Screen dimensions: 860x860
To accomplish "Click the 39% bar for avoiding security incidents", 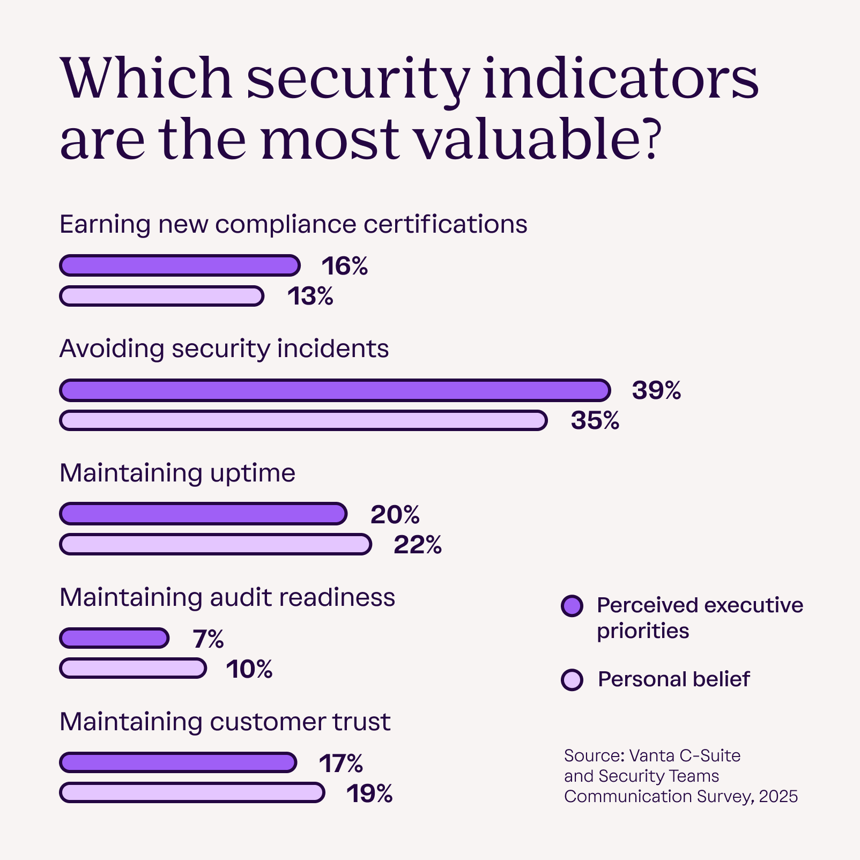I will [x=335, y=390].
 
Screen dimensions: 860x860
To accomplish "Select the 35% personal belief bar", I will [x=303, y=420].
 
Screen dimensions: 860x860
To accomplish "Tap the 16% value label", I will [x=345, y=266].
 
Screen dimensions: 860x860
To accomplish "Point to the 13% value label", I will [x=310, y=296].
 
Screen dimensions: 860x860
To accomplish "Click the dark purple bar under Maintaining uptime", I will [x=203, y=514].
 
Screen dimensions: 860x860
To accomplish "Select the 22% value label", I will [x=418, y=545].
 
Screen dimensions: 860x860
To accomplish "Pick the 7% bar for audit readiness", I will [x=114, y=638].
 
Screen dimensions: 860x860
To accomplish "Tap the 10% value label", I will [x=249, y=669].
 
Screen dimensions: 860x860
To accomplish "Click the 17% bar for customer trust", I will [x=177, y=762].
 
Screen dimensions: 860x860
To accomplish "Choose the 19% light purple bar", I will [x=192, y=792].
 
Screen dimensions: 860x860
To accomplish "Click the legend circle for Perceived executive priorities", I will [x=572, y=606].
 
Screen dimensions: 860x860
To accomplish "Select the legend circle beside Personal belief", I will [x=572, y=680].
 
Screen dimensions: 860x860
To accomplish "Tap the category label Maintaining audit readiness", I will [x=227, y=597].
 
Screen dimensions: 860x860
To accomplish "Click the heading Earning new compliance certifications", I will [x=293, y=224].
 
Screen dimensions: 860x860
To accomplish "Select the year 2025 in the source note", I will [x=779, y=796].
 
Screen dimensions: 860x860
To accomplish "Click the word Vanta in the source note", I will [x=651, y=755].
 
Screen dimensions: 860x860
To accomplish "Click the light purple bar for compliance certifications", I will [x=161, y=296].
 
